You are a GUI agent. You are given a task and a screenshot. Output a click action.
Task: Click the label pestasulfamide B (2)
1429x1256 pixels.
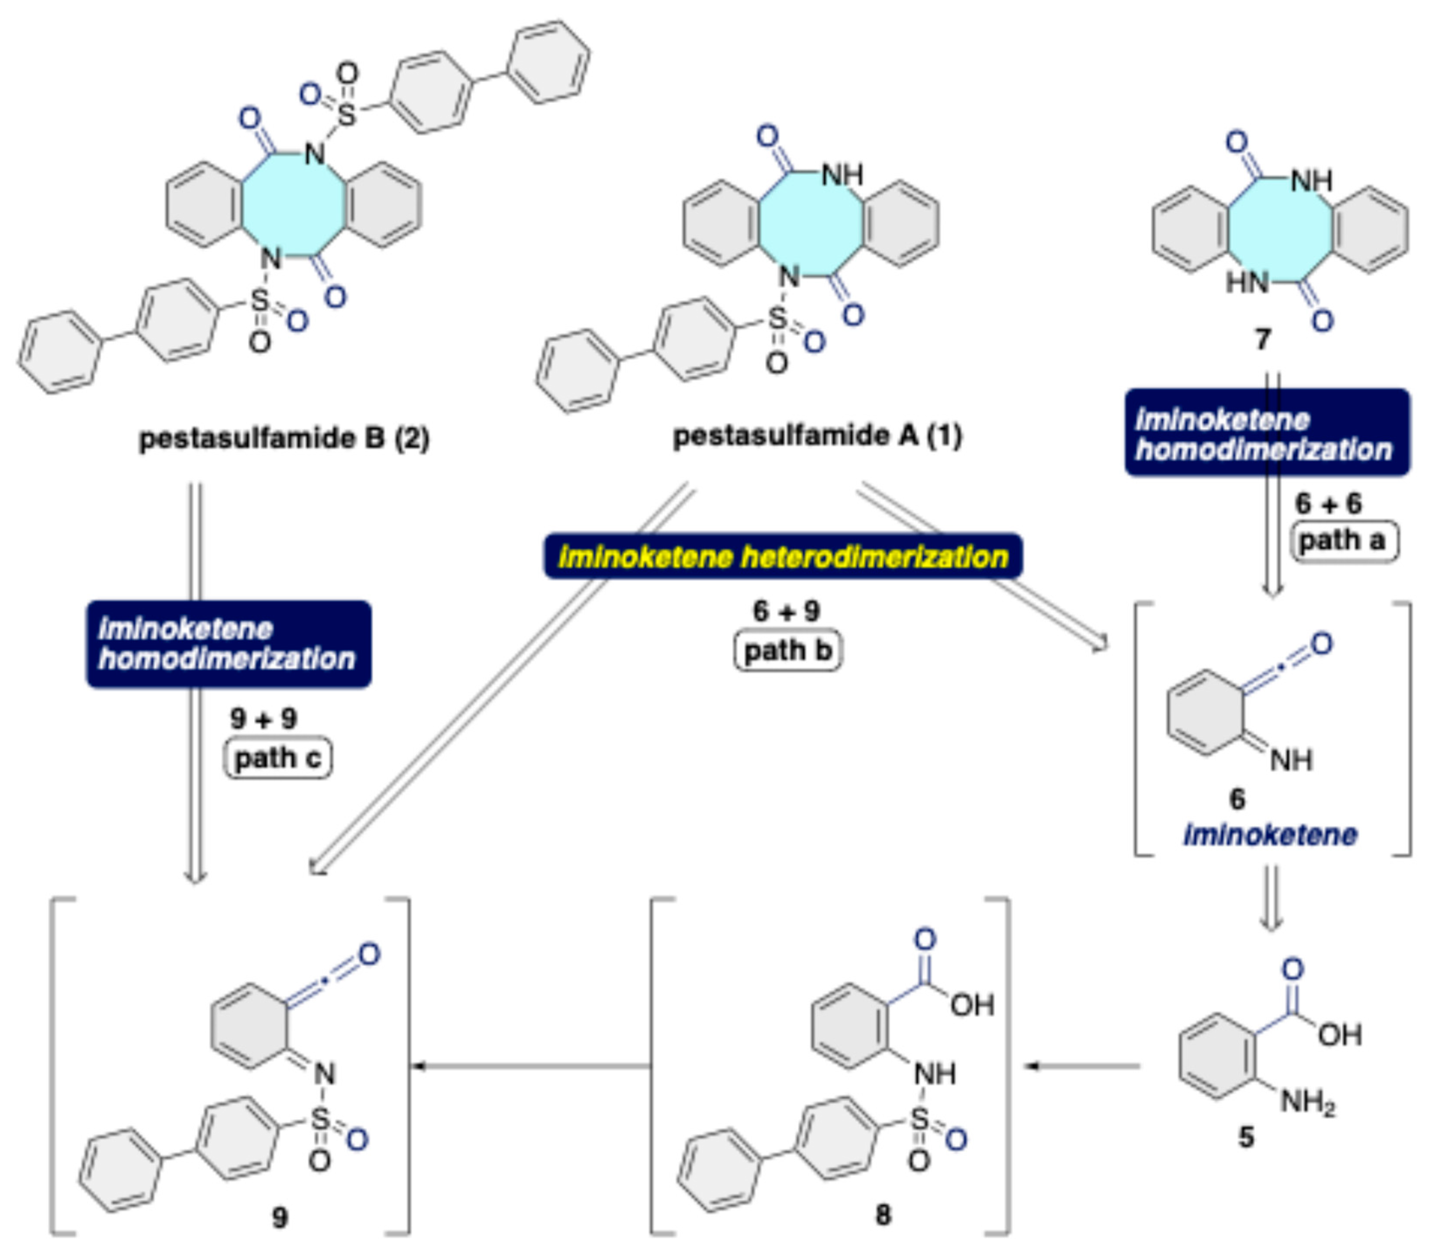pos(284,439)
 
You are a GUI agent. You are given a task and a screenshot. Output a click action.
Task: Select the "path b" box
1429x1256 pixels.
pos(787,651)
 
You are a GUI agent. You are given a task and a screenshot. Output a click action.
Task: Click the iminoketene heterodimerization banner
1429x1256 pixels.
pos(783,557)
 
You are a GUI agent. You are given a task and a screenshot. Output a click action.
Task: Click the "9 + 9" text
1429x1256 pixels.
pos(264,718)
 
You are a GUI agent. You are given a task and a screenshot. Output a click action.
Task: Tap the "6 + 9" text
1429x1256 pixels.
pos(786,611)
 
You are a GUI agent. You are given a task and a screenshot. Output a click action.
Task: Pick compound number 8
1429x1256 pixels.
pos(884,1215)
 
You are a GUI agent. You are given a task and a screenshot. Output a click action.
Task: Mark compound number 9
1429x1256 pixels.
pos(280,1217)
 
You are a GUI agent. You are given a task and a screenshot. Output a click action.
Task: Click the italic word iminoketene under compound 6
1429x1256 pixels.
pos(1270,834)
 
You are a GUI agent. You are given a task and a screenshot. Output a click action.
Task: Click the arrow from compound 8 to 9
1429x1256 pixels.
pos(531,1066)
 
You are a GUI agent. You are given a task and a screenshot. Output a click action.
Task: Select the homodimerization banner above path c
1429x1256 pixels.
pos(229,644)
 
